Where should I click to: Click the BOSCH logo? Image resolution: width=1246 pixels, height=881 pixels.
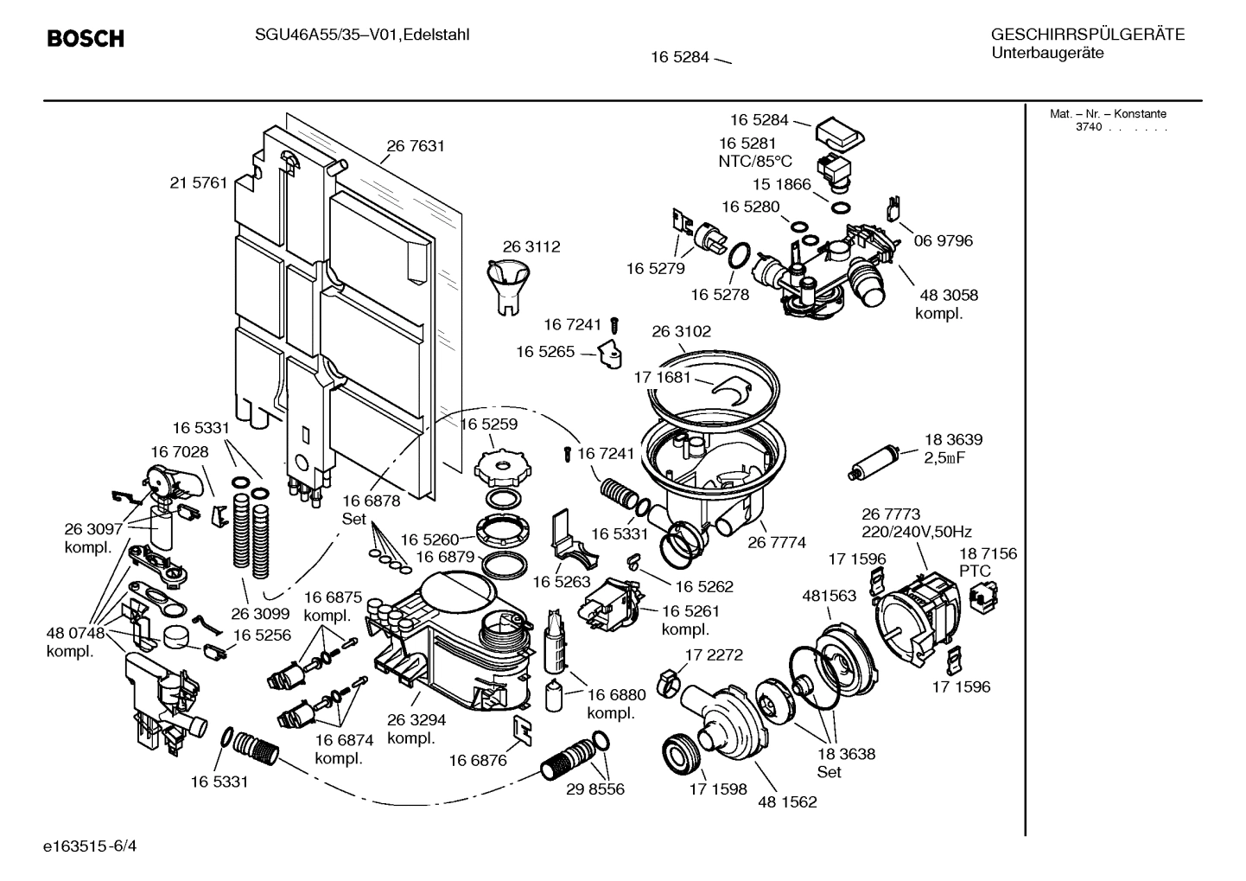85,39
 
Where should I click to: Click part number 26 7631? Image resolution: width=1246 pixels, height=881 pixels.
416,146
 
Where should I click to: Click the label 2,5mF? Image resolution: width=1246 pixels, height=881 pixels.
944,457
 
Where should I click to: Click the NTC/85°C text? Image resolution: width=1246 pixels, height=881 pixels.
754,161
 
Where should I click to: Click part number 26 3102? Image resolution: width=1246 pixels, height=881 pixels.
681,331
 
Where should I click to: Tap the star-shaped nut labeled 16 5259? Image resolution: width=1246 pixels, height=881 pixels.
500,466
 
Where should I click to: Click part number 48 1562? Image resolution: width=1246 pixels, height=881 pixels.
787,801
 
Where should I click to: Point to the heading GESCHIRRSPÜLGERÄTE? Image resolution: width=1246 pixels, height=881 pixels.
1087,35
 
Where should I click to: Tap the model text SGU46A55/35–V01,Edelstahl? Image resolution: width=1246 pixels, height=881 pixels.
350,35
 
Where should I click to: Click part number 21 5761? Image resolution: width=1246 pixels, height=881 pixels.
199,182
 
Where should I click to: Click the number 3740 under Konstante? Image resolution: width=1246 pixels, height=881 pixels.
1088,127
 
